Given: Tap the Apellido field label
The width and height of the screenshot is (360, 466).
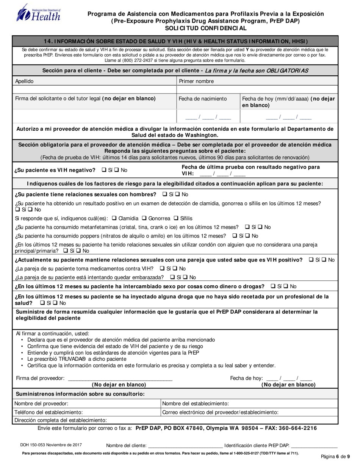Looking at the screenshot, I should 24,81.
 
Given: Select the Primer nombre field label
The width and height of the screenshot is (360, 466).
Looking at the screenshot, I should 196,81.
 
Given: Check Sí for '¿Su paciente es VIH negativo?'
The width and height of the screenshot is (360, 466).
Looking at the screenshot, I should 104,170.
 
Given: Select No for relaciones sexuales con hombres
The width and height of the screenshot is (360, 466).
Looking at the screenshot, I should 177,194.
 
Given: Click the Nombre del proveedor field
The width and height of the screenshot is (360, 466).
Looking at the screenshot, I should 87,403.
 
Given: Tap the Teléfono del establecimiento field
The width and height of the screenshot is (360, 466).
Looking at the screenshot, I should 87,412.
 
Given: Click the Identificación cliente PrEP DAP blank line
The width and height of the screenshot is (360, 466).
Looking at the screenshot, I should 314,446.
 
